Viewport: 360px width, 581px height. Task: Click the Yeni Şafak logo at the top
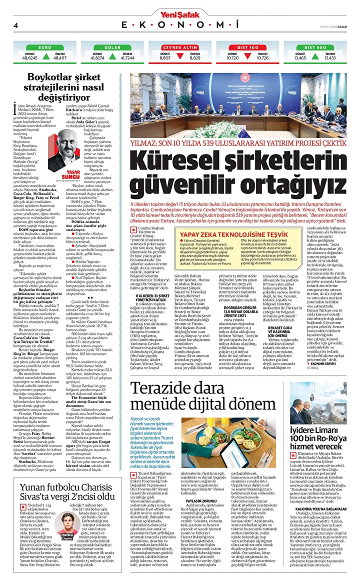pos(180,14)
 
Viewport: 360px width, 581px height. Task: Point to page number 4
pos(16,25)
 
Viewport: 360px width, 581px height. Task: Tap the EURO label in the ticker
pos(44,47)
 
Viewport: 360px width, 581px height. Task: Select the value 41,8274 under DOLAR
pos(97,58)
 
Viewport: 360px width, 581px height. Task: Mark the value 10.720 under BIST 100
pos(232,58)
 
